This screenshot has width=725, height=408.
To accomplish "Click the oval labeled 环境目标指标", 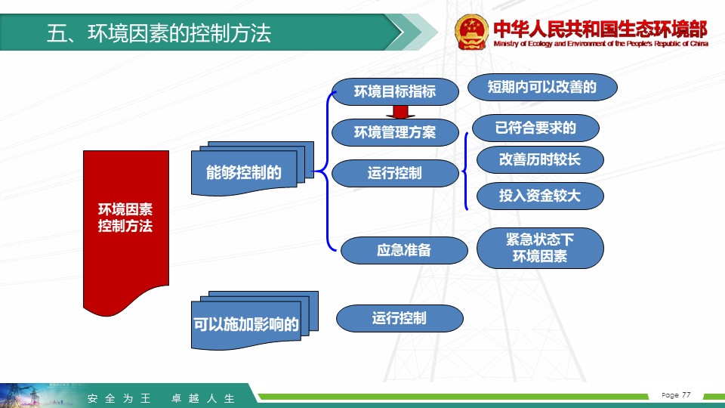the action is pyautogui.click(x=395, y=91).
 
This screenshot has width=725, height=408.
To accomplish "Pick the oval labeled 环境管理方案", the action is pyautogui.click(x=395, y=132).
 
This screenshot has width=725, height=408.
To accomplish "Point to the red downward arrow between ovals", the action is pyautogui.click(x=400, y=113).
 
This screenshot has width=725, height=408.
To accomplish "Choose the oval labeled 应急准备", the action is pyautogui.click(x=403, y=250).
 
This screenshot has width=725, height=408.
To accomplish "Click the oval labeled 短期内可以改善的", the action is pyautogui.click(x=542, y=87).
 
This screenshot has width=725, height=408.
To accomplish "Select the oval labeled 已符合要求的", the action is pyautogui.click(x=535, y=128).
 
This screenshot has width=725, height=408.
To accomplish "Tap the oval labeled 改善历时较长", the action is pyautogui.click(x=540, y=159).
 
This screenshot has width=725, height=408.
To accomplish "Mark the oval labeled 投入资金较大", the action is pyautogui.click(x=540, y=196).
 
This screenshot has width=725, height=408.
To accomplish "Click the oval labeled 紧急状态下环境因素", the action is pyautogui.click(x=540, y=248).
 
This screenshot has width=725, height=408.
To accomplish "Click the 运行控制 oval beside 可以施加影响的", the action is pyautogui.click(x=400, y=318).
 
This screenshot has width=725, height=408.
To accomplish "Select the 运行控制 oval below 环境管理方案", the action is pyautogui.click(x=395, y=174).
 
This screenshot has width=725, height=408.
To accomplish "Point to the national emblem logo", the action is pyautogui.click(x=471, y=32).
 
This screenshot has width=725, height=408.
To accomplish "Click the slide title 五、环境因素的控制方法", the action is pyautogui.click(x=159, y=33).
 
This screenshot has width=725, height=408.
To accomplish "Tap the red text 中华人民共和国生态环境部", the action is pyautogui.click(x=600, y=29).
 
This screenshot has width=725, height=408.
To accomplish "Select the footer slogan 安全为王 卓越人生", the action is pyautogui.click(x=161, y=398).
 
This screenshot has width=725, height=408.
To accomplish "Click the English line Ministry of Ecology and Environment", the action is pyautogui.click(x=600, y=44).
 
